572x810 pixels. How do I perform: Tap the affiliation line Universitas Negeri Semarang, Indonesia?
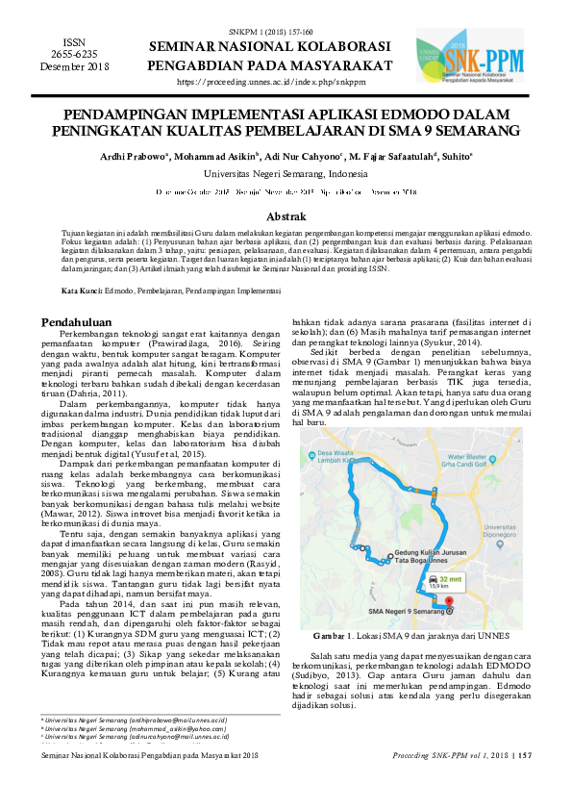pos(286,174)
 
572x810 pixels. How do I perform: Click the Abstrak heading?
pos(286,217)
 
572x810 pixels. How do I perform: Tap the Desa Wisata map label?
pos(332,446)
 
